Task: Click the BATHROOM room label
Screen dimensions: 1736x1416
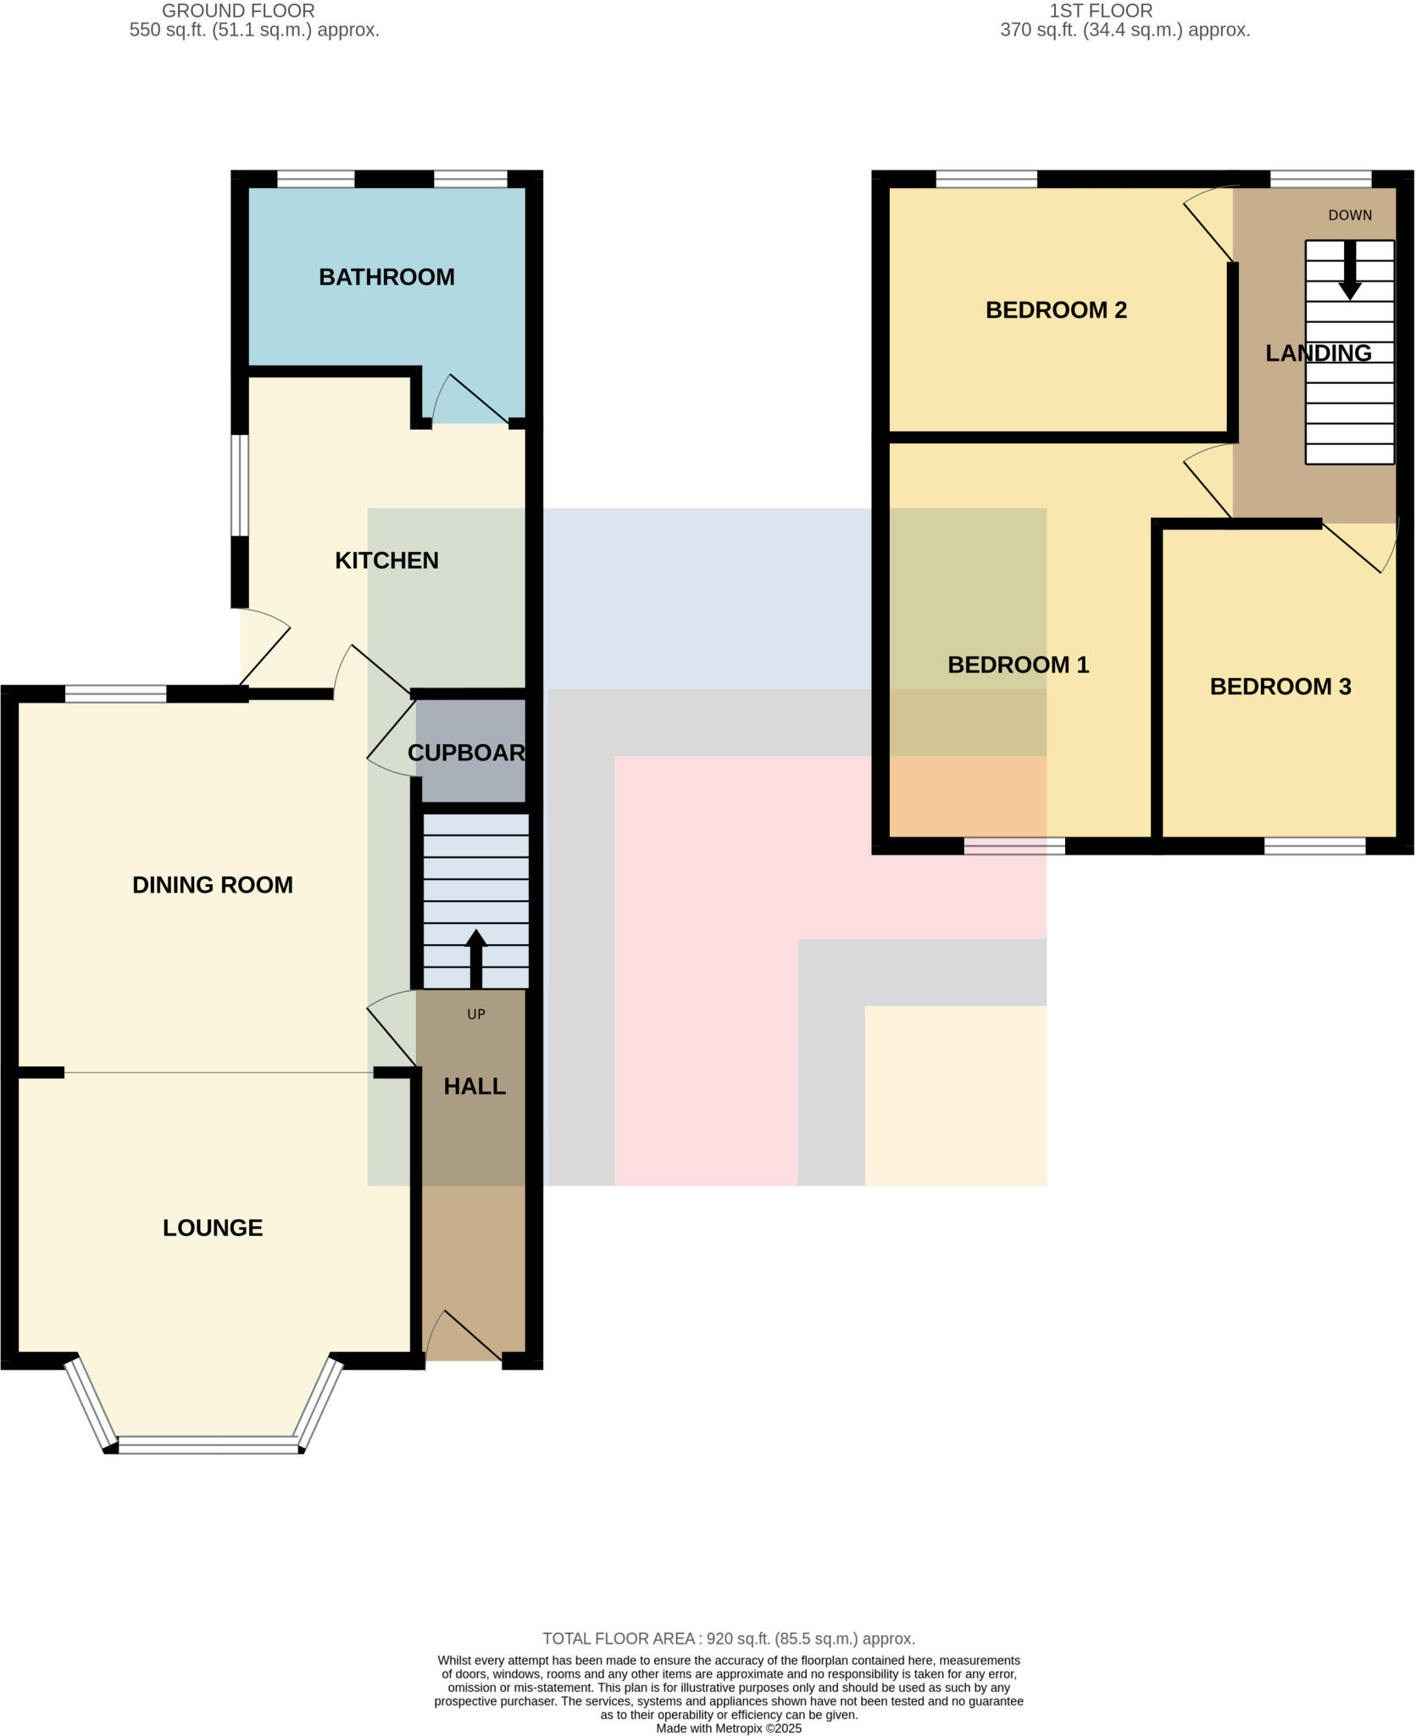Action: click(x=386, y=277)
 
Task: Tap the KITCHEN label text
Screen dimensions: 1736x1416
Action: click(x=386, y=560)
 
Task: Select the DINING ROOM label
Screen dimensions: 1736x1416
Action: click(x=213, y=885)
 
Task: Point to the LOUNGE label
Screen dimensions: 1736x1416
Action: click(x=213, y=1227)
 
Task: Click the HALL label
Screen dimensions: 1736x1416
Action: click(x=475, y=1086)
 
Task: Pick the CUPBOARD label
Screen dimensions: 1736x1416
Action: click(x=466, y=753)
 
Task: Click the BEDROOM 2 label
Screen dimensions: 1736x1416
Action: click(x=1056, y=310)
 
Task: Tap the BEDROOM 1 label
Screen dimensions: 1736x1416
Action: click(x=1018, y=665)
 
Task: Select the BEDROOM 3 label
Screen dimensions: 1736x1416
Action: click(x=1280, y=687)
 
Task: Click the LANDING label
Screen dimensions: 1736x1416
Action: click(x=1318, y=353)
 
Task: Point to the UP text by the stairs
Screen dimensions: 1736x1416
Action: click(x=476, y=1014)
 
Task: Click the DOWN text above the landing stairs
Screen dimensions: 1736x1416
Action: click(x=1349, y=215)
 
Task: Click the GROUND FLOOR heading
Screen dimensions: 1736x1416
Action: click(x=238, y=11)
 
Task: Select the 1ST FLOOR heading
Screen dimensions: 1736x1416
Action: click(x=1101, y=11)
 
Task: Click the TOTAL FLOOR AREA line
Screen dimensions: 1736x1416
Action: click(x=729, y=1639)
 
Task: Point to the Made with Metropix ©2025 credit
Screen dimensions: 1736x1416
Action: click(x=729, y=1728)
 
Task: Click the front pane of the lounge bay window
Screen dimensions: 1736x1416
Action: click(x=208, y=1445)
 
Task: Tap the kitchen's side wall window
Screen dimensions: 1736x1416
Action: click(x=241, y=485)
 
